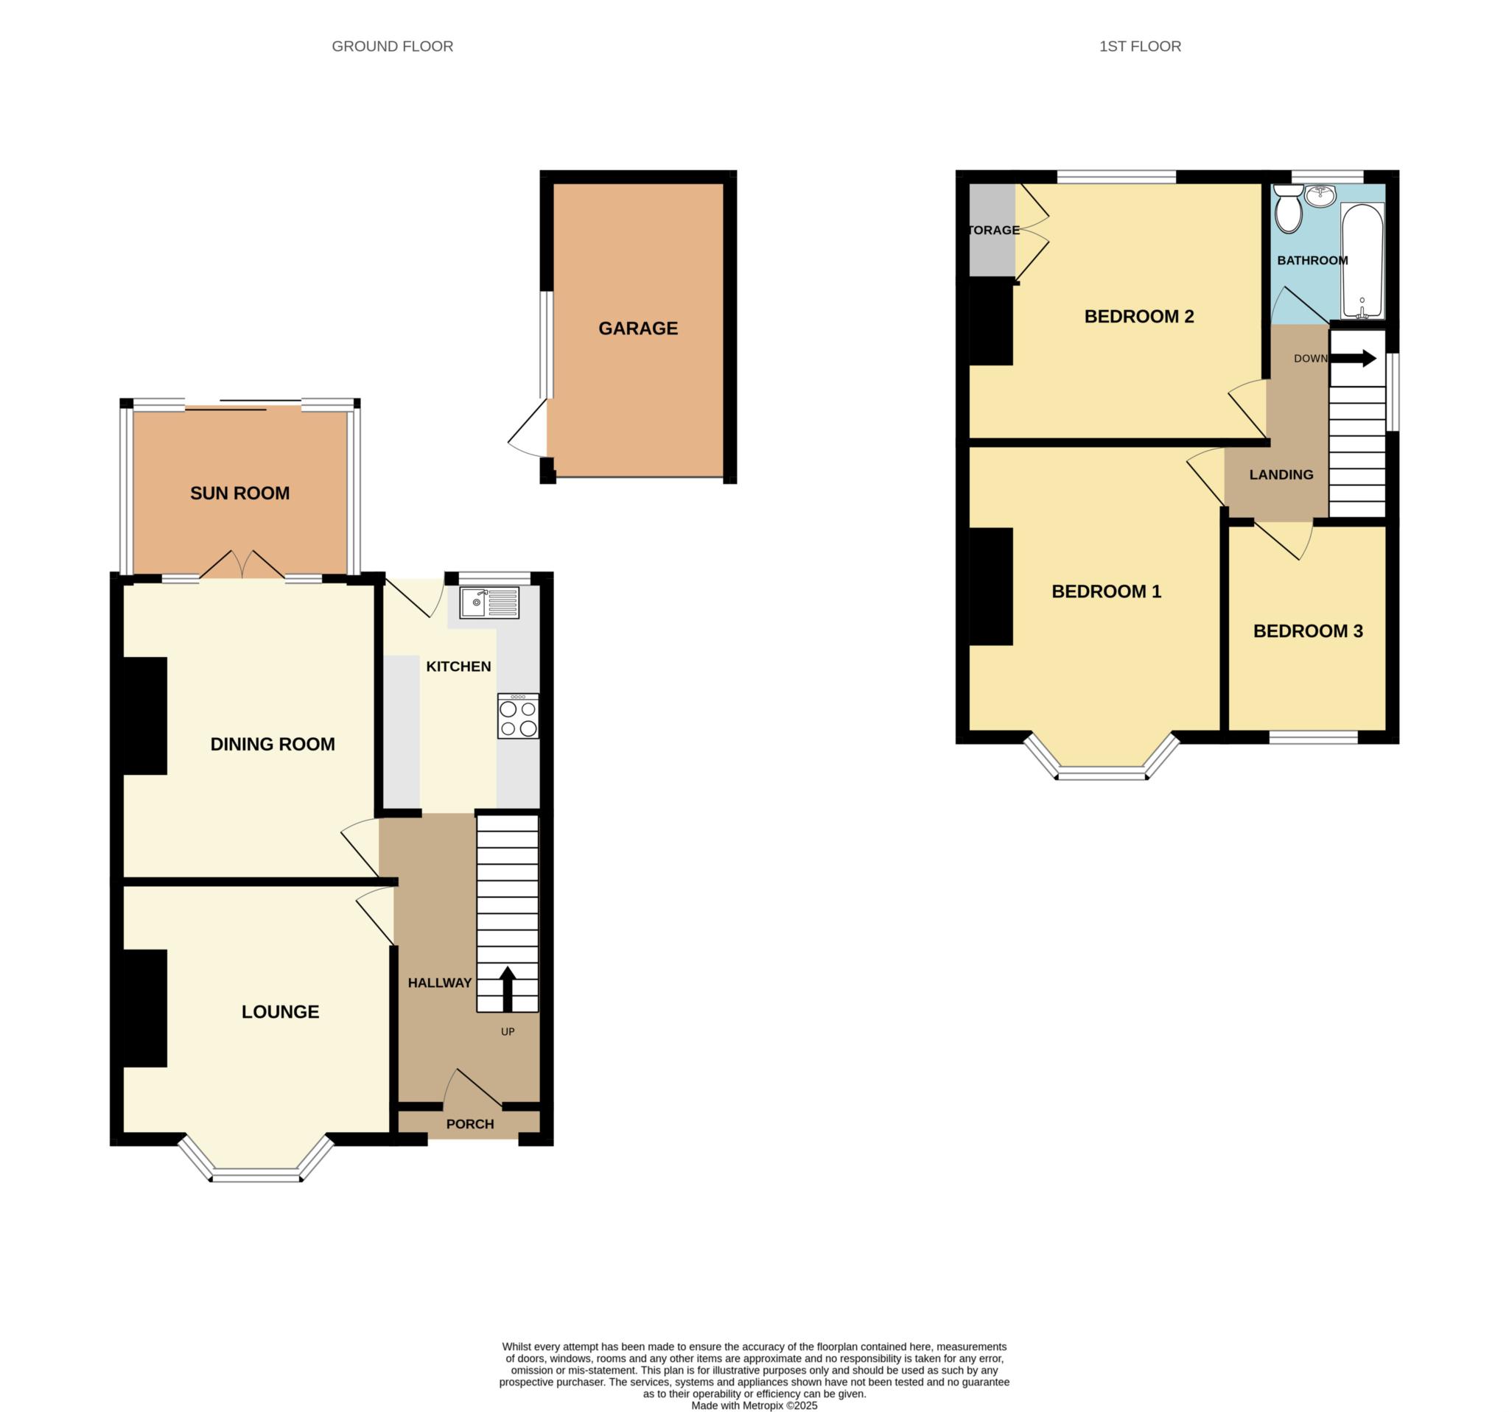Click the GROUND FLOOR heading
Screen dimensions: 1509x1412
pos(393,46)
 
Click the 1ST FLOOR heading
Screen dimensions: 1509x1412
pos(1140,46)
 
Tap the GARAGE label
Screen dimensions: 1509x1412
pos(637,329)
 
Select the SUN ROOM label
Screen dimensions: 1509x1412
pos(240,494)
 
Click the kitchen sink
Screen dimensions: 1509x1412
pos(489,603)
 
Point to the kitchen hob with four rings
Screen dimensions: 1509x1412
pos(519,716)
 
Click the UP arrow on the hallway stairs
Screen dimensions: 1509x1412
pos(508,988)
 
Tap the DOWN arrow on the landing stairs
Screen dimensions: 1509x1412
pos(1354,358)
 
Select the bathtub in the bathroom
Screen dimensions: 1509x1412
pos(1362,261)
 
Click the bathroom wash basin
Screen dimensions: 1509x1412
pos(1322,196)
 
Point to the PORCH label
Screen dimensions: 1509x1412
pos(470,1124)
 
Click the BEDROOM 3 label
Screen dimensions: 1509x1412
pos(1308,631)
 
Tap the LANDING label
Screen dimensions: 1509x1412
pos(1281,475)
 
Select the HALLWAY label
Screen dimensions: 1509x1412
pos(439,983)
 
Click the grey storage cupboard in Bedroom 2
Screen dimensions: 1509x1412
pos(992,230)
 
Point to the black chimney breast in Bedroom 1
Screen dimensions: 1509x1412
pos(990,586)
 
